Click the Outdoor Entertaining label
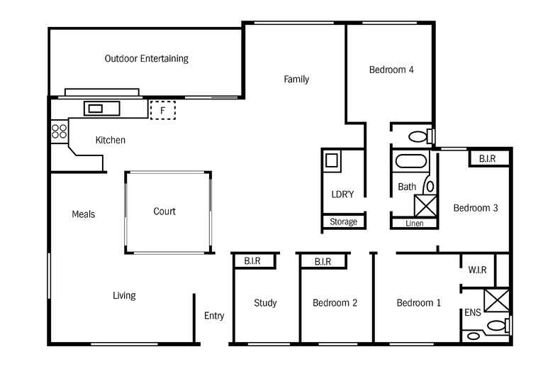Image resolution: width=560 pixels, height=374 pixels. [146, 59]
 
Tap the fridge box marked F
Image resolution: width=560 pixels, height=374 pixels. [163, 110]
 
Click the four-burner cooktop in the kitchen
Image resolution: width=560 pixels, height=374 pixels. [59, 131]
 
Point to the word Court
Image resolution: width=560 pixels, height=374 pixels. [164, 211]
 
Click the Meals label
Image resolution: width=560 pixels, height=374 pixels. [83, 214]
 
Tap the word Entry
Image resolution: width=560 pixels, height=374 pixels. [214, 316]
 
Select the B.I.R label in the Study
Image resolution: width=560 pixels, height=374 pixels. [252, 261]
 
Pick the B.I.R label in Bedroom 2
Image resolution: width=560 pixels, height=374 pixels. [323, 261]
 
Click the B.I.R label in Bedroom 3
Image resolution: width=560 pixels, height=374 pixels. [487, 159]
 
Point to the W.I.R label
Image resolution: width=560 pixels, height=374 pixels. [477, 270]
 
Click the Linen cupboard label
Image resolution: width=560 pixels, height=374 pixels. [414, 223]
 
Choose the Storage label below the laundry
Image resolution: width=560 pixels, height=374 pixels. [343, 222]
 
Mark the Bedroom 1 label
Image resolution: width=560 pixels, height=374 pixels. [418, 303]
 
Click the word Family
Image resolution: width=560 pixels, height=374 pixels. [296, 79]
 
